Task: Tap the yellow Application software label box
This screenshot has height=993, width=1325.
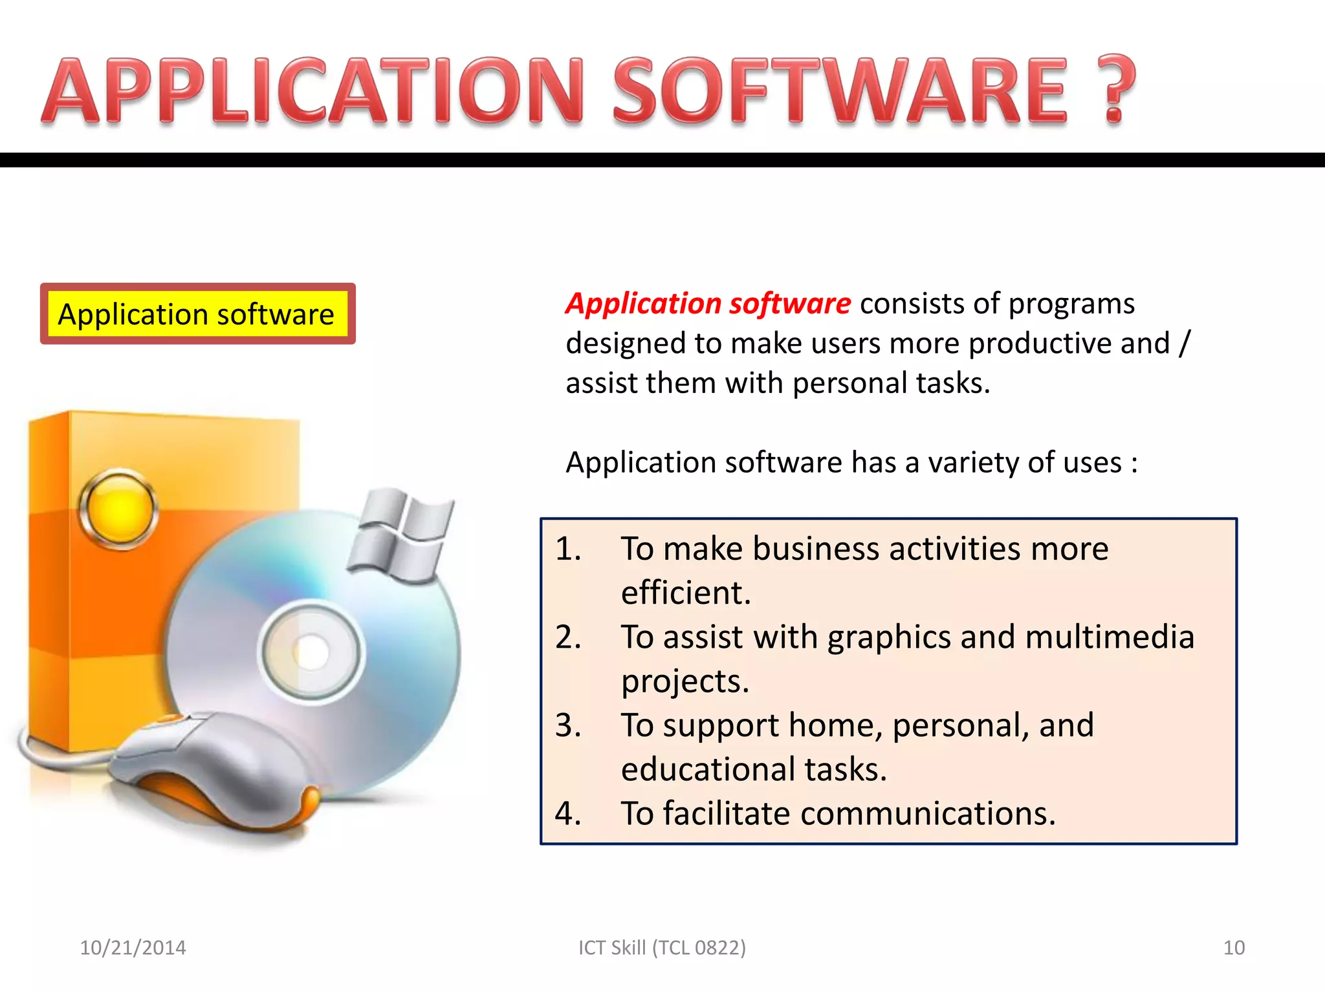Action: [x=197, y=314]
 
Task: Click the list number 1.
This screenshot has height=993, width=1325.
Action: [x=567, y=549]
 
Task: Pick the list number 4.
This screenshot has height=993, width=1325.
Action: [x=567, y=813]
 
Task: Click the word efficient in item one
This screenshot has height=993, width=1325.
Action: [x=685, y=593]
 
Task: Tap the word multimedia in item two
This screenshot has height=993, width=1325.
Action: [x=1109, y=637]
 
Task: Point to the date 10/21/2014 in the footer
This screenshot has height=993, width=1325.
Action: [x=133, y=948]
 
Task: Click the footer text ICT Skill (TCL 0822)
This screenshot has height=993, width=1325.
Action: [x=662, y=948]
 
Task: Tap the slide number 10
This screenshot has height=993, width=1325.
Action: [x=1234, y=948]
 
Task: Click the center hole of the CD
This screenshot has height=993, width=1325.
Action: [x=312, y=652]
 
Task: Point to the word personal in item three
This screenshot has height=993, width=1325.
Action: [x=960, y=725]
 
